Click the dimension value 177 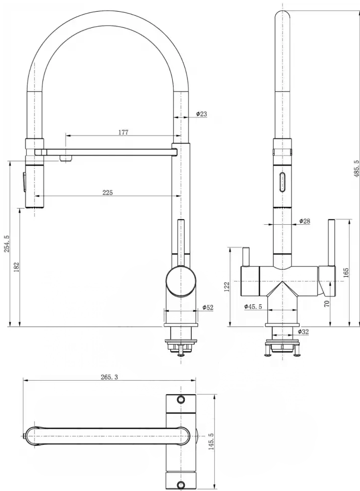pyautogui.click(x=123, y=132)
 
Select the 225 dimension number pyautogui.click(x=107, y=192)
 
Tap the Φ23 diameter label pyautogui.click(x=202, y=114)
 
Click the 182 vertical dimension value pyautogui.click(x=17, y=267)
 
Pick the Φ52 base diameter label pyautogui.click(x=208, y=307)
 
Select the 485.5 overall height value pyautogui.click(x=356, y=169)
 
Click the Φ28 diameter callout pyautogui.click(x=304, y=221)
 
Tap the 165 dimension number pyautogui.click(x=346, y=273)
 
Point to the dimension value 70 pyautogui.click(x=327, y=303)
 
